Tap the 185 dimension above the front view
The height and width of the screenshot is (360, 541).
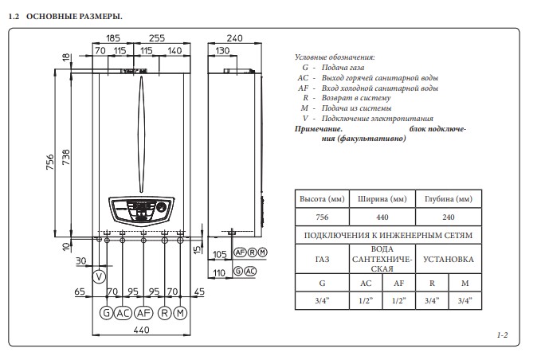tap(112, 37)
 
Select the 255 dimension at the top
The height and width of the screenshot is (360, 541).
tap(156, 37)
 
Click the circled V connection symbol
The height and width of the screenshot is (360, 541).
tap(99, 276)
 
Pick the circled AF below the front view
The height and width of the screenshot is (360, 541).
tap(143, 312)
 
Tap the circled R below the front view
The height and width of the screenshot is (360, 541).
tap(164, 312)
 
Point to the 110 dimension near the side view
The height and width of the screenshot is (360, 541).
tap(221, 272)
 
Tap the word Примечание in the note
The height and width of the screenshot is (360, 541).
tap(319, 128)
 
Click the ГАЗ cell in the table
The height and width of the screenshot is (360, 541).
tap(322, 260)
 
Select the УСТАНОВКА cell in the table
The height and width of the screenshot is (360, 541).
tap(448, 260)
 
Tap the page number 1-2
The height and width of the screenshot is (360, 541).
tap(502, 336)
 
